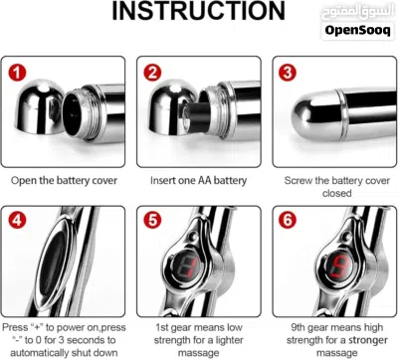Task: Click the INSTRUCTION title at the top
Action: (198, 11)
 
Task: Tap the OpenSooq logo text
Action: (357, 30)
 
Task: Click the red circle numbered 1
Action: (17, 73)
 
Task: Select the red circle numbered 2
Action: (152, 73)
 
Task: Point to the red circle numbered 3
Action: (288, 73)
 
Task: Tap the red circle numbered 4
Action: (17, 220)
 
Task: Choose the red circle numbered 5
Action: (152, 220)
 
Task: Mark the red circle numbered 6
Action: (288, 220)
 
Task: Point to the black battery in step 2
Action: (196, 116)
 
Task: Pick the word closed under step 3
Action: (336, 193)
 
